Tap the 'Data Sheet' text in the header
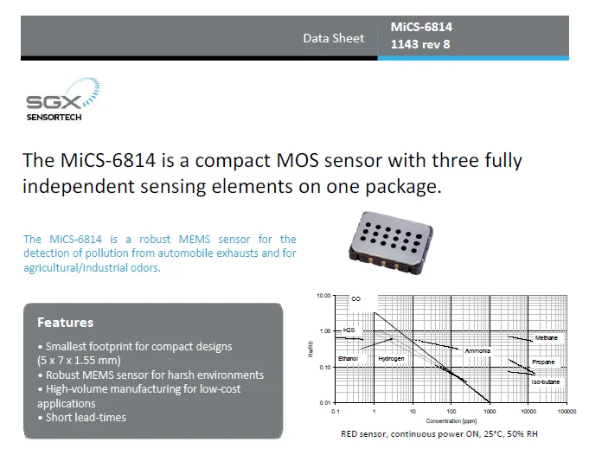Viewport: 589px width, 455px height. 333,38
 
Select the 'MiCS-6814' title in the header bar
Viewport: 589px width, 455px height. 421,27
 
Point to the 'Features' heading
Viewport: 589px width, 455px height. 65,323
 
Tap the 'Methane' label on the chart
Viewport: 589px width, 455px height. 546,337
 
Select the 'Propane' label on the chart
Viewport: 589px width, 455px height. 543,362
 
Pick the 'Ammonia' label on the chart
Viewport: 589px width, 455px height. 477,350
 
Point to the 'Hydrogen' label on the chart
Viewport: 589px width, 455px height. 391,357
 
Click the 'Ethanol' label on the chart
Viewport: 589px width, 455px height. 348,357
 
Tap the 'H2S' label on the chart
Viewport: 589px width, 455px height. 349,330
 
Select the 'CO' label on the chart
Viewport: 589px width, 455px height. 355,299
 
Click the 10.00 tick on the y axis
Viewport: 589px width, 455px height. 323,295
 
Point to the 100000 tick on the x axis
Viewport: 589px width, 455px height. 567,412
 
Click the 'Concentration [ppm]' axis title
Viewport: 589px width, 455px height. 451,420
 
